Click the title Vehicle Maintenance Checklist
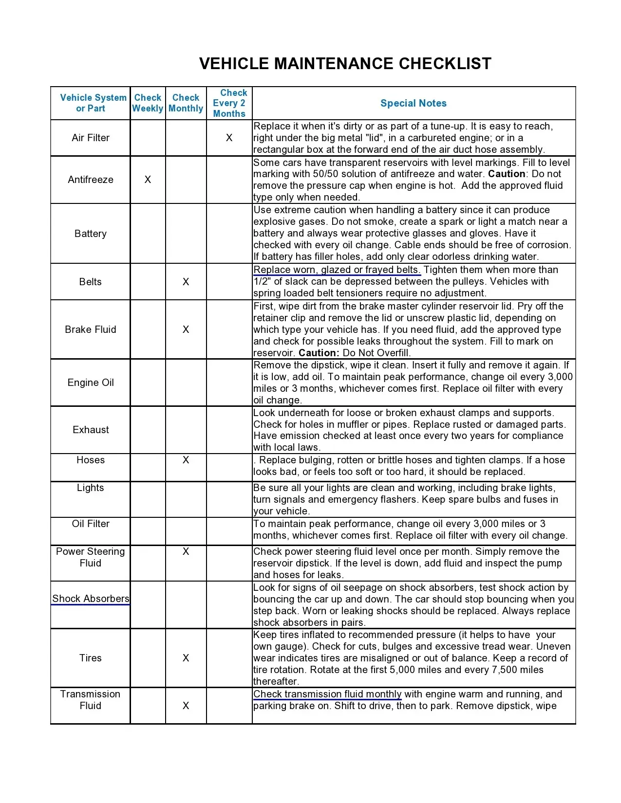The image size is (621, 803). click(345, 64)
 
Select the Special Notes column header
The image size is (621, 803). click(413, 103)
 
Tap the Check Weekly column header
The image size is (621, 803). click(148, 103)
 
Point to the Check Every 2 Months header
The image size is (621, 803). click(229, 103)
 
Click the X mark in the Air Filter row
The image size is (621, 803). click(229, 138)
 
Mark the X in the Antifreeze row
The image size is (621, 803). click(148, 180)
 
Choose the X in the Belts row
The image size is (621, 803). click(186, 282)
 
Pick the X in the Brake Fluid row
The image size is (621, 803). click(186, 329)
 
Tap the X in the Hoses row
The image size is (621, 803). click(186, 460)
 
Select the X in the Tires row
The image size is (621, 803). click(186, 658)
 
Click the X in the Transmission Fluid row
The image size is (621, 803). click(186, 706)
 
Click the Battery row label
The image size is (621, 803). click(91, 234)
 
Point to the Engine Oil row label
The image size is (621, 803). click(91, 383)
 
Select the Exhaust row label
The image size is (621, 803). click(91, 430)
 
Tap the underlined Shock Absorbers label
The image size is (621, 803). click(91, 599)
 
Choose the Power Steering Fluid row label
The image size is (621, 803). click(91, 557)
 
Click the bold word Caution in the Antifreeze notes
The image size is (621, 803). click(507, 174)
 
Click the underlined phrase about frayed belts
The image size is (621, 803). click(336, 270)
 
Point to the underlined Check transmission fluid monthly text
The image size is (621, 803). click(327, 694)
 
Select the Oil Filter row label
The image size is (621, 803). click(91, 524)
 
